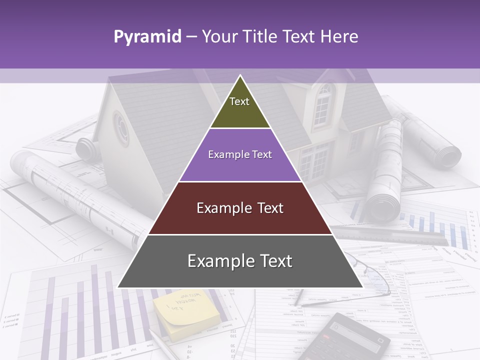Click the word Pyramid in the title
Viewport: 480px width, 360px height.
(x=147, y=37)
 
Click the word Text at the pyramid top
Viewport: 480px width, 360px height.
(x=239, y=101)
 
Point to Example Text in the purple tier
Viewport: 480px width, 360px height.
(x=240, y=154)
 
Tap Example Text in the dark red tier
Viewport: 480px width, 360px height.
(x=240, y=208)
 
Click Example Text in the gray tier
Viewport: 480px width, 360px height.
(x=240, y=261)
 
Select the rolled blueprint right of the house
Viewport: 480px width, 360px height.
(x=387, y=170)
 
